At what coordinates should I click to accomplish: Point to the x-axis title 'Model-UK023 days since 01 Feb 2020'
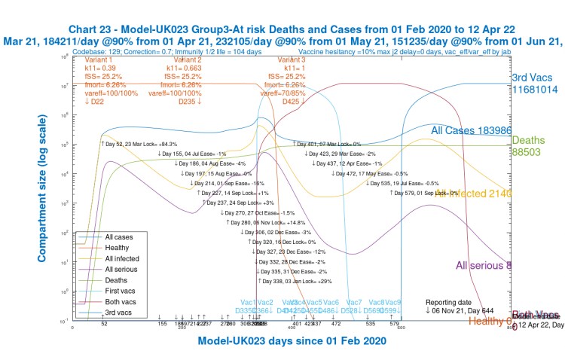coord(293,340)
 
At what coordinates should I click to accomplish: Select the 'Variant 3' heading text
coord(292,59)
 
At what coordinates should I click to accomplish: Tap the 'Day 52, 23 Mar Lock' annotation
coord(139,143)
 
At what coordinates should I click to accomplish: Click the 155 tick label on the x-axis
coord(162,323)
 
